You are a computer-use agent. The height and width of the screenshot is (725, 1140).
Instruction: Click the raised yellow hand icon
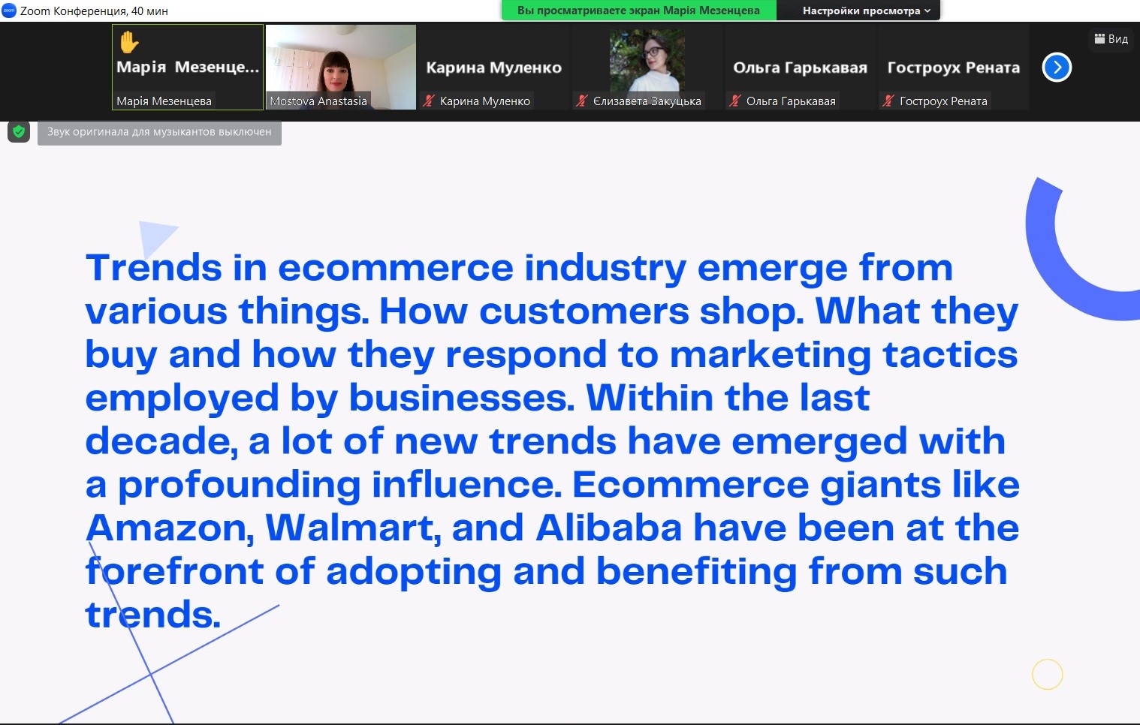point(128,42)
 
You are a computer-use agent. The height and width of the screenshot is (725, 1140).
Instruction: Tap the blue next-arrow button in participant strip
point(1057,67)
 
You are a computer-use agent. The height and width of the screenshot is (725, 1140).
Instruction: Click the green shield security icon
point(19,132)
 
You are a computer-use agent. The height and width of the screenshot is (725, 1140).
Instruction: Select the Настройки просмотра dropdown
point(866,11)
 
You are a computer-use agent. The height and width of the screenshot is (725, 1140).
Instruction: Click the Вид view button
point(1111,39)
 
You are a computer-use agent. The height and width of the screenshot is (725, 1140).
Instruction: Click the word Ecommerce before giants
point(691,484)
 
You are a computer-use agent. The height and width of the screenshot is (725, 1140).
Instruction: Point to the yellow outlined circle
point(1048,674)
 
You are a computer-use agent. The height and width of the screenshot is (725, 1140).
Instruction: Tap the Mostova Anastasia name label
point(318,101)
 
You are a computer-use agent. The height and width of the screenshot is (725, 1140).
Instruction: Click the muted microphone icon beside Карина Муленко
point(429,101)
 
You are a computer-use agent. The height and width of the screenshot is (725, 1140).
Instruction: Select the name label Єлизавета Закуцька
point(647,101)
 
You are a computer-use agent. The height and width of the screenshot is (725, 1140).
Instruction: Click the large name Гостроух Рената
point(953,67)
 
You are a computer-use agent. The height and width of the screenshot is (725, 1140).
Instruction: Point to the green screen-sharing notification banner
point(638,11)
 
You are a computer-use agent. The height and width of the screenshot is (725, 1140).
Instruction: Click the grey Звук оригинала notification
point(159,132)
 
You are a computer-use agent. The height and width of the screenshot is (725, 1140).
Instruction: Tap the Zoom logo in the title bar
point(9,11)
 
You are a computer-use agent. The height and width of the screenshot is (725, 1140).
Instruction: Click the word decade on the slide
point(161,441)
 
